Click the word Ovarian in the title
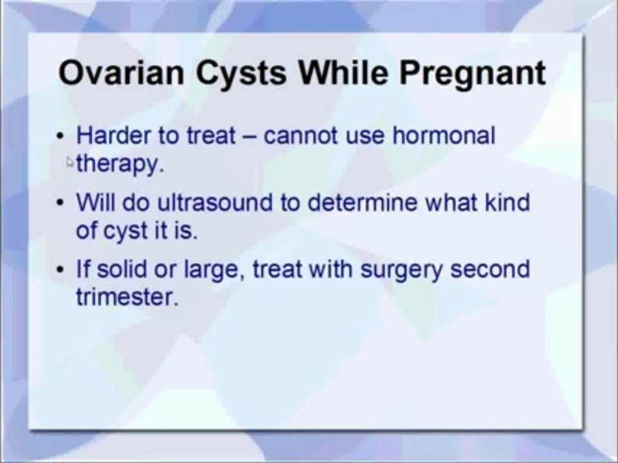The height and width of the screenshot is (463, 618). (x=122, y=73)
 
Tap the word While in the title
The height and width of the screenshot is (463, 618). (x=343, y=73)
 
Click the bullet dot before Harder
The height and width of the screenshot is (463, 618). (x=60, y=136)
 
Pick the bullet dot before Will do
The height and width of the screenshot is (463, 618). (x=60, y=203)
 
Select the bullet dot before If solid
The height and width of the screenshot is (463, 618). (x=60, y=270)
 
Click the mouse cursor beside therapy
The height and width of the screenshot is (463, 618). (x=70, y=162)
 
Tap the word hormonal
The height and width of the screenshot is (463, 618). (x=444, y=135)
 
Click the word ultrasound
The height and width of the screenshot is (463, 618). (x=215, y=202)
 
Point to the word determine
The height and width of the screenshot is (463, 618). (x=362, y=202)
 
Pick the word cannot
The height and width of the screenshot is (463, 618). (x=301, y=136)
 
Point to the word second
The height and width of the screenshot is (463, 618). (x=490, y=269)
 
